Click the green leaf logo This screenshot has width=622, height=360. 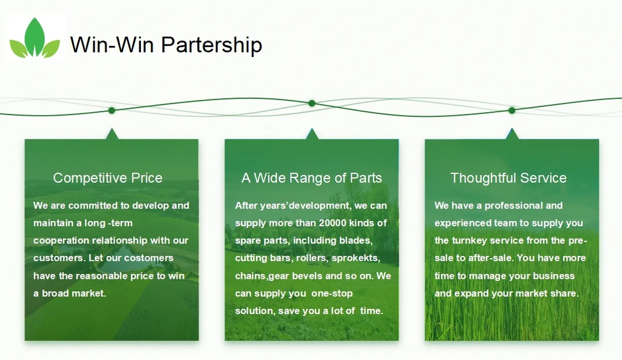[x=35, y=38]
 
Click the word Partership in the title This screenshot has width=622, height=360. [x=211, y=45]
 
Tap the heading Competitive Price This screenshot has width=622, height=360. [x=108, y=178]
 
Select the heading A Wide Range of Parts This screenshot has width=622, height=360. [x=311, y=178]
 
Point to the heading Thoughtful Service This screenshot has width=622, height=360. [x=509, y=178]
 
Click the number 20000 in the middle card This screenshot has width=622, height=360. [x=333, y=223]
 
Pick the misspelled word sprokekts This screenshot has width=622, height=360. [x=356, y=258]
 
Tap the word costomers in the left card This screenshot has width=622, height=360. [x=149, y=258]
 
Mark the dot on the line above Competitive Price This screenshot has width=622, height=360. [x=112, y=110]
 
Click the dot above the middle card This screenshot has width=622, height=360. [x=312, y=103]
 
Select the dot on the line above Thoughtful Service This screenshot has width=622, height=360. [x=512, y=110]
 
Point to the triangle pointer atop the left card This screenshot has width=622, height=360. [x=112, y=134]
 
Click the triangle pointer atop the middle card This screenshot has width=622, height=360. [x=312, y=134]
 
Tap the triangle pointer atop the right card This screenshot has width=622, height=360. [x=512, y=134]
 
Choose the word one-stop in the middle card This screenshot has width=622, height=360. [x=332, y=294]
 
